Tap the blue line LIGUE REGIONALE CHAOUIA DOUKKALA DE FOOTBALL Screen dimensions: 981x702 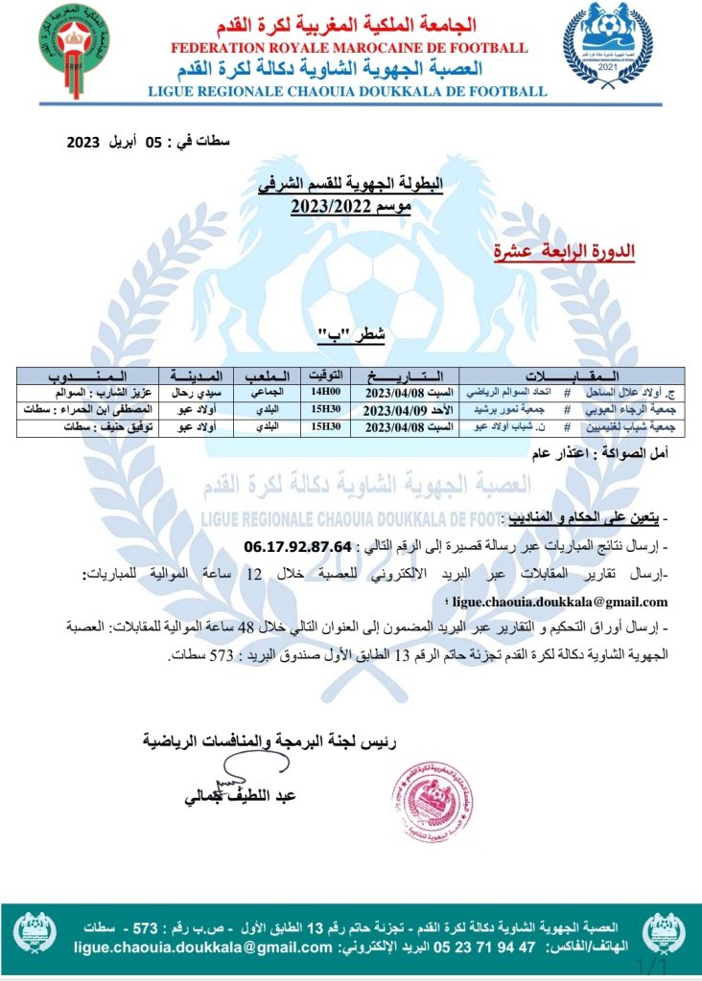pyautogui.click(x=348, y=92)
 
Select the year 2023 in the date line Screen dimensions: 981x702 pyautogui.click(x=83, y=142)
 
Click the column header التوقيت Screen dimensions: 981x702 pyautogui.click(x=325, y=376)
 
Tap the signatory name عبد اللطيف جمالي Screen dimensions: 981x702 pyautogui.click(x=241, y=796)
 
